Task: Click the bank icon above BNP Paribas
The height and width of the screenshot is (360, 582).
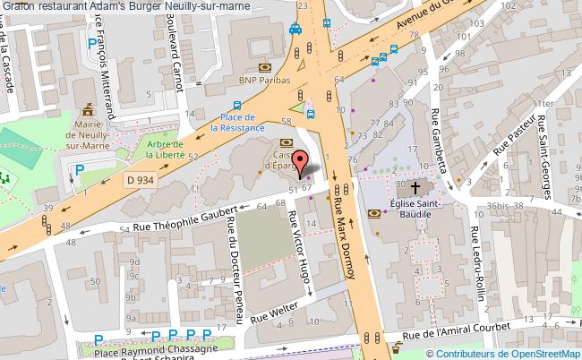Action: click(265, 67)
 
